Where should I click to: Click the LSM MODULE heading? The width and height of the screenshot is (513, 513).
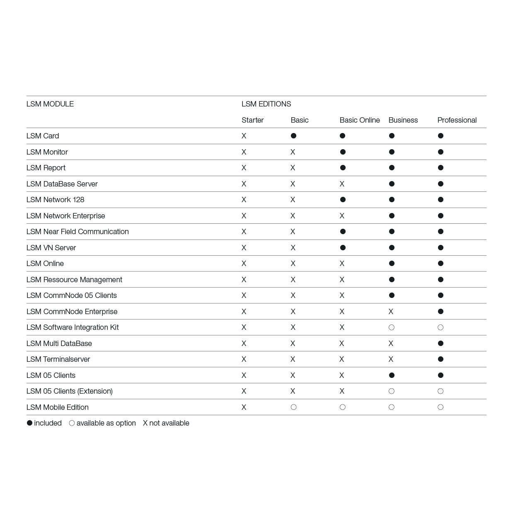[x=50, y=104]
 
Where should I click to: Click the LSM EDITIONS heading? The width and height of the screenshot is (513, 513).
[x=266, y=104]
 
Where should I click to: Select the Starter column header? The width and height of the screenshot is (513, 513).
[x=252, y=120]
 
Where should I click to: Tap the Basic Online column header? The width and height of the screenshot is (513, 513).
[x=359, y=120]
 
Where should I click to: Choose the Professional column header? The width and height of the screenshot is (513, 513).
[x=457, y=120]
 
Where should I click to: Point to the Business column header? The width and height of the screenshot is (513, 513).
[x=403, y=120]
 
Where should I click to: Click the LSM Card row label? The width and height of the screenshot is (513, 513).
[x=43, y=136]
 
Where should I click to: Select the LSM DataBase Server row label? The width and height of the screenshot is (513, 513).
[x=62, y=184]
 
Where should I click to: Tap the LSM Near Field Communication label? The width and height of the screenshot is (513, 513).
[x=77, y=232]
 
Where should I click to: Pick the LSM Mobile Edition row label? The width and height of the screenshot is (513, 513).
[x=58, y=407]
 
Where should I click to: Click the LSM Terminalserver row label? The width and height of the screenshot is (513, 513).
[x=58, y=359]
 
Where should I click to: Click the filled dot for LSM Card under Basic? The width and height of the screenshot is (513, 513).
[x=293, y=136]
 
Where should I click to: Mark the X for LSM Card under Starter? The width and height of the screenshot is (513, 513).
[x=244, y=136]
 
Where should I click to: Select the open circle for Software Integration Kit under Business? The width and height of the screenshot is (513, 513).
[x=392, y=327]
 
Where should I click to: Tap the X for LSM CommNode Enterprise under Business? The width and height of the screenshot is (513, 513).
[x=391, y=312]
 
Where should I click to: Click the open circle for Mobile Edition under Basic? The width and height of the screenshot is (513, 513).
[x=293, y=407]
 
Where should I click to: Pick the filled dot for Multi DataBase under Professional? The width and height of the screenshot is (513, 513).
[x=440, y=344]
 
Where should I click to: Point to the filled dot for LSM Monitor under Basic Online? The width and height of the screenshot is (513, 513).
[x=343, y=152]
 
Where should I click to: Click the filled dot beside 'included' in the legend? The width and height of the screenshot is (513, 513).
[x=29, y=423]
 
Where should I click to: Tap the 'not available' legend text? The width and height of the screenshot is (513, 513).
[x=169, y=423]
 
